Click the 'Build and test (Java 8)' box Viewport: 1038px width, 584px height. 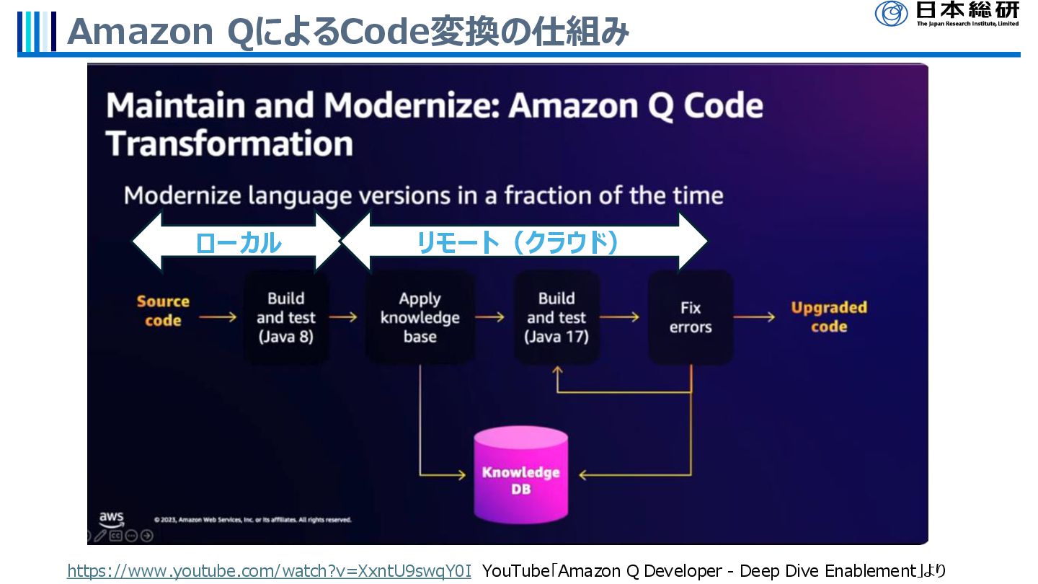(x=286, y=317)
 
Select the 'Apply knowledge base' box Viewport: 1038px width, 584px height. (x=420, y=317)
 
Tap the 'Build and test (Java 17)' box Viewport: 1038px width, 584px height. (x=556, y=317)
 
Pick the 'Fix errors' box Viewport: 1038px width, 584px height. (x=690, y=317)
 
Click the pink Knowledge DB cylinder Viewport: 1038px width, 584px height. (x=520, y=476)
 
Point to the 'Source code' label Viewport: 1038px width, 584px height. (x=163, y=311)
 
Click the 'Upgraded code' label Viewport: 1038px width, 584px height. (x=828, y=317)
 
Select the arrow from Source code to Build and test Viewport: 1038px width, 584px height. (x=218, y=317)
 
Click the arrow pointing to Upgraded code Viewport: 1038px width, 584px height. (x=754, y=317)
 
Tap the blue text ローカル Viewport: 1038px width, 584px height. (x=238, y=244)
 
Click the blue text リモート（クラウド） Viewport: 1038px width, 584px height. (x=518, y=244)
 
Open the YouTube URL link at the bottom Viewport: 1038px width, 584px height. (x=269, y=571)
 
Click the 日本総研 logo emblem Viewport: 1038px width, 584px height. (x=892, y=13)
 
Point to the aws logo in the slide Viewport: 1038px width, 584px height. (x=111, y=518)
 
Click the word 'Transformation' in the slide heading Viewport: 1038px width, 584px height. (x=229, y=143)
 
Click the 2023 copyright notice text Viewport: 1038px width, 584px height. (x=252, y=519)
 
